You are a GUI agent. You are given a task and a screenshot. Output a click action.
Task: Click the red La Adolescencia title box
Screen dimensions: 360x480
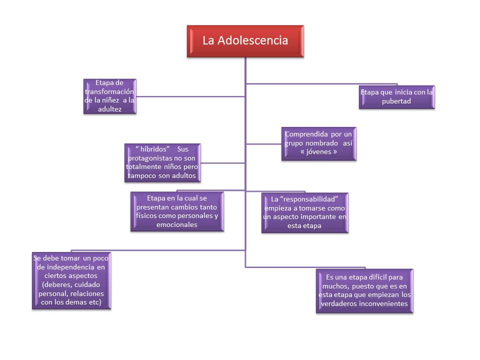[245, 41]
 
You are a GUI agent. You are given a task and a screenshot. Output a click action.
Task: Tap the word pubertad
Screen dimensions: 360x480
[396, 101]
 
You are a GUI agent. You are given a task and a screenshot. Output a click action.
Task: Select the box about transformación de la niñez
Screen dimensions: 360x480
[109, 95]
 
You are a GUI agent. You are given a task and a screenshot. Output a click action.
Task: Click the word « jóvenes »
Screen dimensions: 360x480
[319, 151]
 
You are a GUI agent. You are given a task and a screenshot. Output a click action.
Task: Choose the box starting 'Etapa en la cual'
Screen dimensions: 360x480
[177, 211]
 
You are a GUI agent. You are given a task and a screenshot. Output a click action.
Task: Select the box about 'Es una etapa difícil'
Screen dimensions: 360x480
[364, 291]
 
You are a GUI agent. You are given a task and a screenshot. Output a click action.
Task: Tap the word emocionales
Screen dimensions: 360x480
[177, 224]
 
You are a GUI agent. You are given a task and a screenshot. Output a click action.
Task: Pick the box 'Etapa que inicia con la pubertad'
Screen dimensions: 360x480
[396, 96]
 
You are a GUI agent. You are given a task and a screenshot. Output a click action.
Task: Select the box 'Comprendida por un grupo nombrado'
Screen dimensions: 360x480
[319, 143]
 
